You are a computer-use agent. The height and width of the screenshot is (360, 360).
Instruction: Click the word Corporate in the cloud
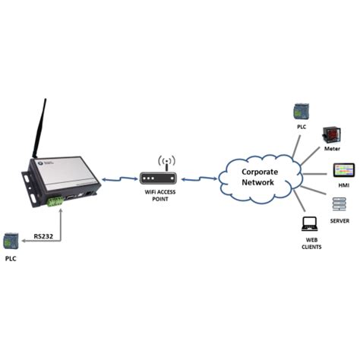260,172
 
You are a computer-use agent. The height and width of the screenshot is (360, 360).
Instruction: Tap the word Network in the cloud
259,184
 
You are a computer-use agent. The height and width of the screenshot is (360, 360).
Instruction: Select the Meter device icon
332,136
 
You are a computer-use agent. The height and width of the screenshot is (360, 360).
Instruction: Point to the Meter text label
332,150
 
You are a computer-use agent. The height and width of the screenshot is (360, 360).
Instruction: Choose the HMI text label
336,185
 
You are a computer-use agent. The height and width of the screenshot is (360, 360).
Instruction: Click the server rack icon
336,204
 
